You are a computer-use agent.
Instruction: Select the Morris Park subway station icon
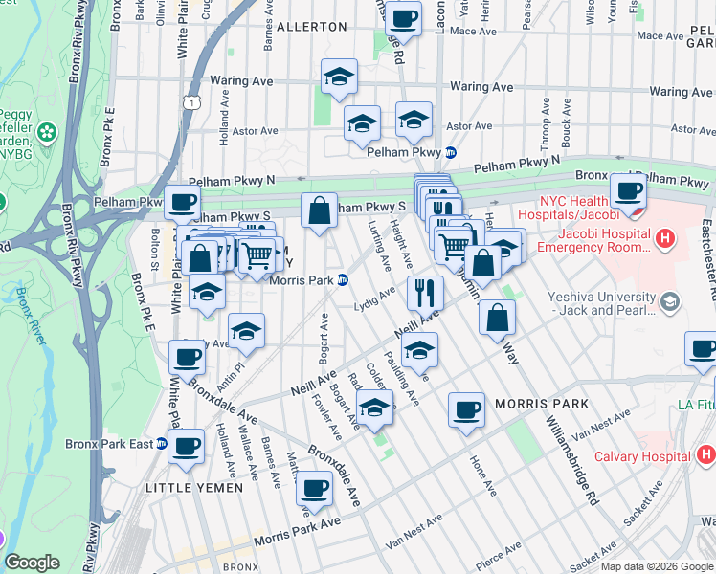point(342,279)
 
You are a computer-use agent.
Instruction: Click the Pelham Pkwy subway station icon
point(450,153)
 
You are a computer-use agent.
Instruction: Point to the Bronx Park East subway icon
point(162,444)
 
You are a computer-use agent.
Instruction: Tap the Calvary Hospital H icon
point(704,455)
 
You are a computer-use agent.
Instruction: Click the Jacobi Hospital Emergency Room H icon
point(663,237)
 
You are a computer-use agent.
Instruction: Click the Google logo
point(32,562)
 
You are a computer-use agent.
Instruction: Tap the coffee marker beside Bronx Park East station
point(186,445)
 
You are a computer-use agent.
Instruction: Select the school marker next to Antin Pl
point(246,330)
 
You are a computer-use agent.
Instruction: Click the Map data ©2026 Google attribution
point(657,566)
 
